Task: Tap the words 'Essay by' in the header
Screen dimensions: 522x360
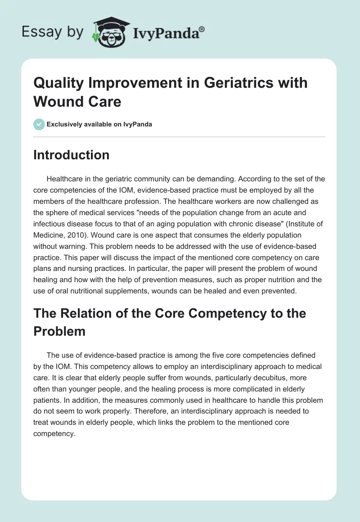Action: point(52,31)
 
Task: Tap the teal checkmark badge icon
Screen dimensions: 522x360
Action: point(39,124)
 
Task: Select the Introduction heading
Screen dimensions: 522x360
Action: point(71,155)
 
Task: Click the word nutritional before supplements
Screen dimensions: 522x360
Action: point(85,291)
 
